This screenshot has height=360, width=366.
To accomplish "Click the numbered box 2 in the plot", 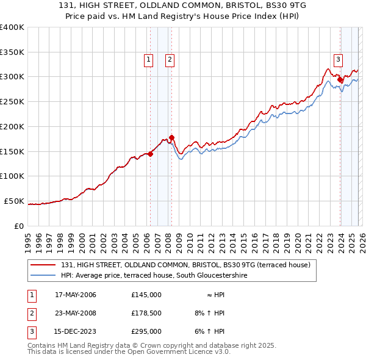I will (x=169, y=59).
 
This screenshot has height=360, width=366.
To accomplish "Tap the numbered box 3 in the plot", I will (x=337, y=59).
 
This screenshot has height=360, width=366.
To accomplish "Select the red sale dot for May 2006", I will (x=150, y=154).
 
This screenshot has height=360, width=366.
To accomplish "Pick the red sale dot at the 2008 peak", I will (x=172, y=137).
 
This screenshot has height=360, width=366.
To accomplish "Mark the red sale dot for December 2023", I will (x=340, y=79).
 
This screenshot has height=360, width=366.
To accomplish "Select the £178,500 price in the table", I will (x=146, y=313).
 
